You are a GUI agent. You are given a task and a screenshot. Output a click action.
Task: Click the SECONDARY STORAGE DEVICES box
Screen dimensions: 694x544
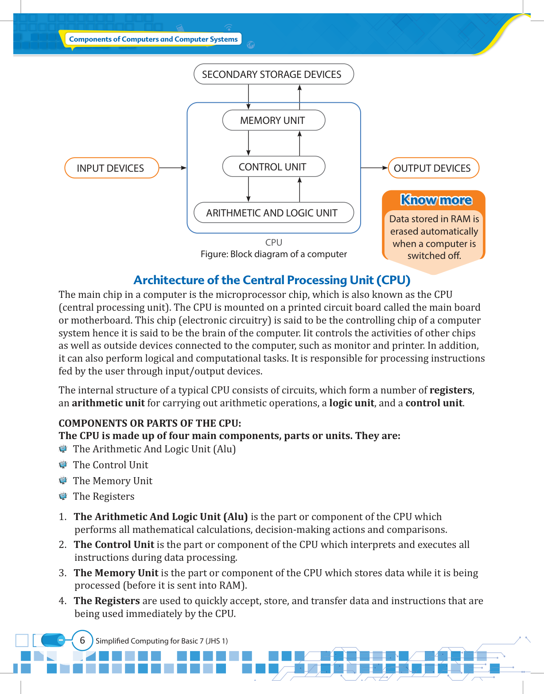coord(273,74)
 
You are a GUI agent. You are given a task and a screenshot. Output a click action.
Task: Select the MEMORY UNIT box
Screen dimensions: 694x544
coord(273,120)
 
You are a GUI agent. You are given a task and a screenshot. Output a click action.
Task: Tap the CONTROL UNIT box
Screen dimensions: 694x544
coord(273,167)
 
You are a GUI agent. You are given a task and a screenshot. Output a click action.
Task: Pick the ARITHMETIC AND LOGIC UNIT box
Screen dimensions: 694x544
coord(273,213)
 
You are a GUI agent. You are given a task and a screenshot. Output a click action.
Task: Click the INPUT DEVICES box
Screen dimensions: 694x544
coord(111,168)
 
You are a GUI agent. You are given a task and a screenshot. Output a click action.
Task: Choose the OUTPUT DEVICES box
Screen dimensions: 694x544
coord(433,168)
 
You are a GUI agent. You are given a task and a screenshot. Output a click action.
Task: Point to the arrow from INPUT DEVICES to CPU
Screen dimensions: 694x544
coord(173,168)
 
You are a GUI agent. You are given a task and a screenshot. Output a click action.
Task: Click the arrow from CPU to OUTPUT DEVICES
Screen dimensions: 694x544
coord(374,168)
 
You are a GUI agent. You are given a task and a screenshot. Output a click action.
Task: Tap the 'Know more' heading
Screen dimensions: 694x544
coord(436,200)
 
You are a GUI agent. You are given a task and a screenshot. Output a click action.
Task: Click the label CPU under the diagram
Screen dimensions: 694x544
coord(273,243)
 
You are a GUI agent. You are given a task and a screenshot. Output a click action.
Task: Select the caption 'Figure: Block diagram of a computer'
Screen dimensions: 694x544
coord(273,254)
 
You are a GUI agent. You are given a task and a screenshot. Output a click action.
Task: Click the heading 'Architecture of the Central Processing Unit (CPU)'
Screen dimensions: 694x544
coord(272,280)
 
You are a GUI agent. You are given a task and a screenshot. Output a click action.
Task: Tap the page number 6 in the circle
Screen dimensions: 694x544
coord(82,640)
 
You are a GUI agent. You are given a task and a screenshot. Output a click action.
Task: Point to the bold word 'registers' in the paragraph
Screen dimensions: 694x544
coord(451,390)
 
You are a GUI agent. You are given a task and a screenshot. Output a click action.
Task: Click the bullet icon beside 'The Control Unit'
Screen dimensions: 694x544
coord(63,465)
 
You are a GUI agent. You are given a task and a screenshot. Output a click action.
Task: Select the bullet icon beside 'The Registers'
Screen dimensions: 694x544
coord(63,496)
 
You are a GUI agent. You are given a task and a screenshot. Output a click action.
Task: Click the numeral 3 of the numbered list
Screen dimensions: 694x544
coord(62,573)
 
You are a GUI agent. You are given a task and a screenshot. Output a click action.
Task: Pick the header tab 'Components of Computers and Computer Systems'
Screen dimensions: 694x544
coord(153,39)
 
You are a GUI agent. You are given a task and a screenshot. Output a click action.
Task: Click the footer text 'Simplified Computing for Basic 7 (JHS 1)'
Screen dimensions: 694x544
coord(162,641)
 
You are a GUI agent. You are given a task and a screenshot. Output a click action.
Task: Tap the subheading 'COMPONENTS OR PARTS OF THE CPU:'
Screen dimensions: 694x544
coord(150,423)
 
